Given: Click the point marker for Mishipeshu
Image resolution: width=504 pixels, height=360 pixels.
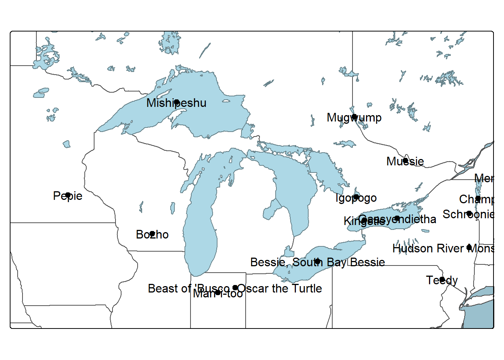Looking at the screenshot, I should [177, 102].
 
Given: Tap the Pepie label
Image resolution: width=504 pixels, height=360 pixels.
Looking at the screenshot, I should [67, 196].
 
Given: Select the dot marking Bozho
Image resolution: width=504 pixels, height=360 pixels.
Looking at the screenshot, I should [152, 234].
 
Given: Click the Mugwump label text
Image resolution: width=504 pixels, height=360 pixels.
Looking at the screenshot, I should [354, 118].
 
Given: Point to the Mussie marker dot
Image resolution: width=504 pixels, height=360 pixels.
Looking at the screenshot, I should [405, 160].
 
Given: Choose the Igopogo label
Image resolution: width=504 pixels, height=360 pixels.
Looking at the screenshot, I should [356, 198].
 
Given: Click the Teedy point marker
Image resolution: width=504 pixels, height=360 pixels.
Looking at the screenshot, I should [442, 279].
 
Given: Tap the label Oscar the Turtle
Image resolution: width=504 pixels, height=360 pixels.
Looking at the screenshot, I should [280, 288].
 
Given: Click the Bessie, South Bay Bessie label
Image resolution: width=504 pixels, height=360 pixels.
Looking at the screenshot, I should [317, 262].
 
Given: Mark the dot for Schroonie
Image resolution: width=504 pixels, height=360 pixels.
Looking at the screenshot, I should [469, 213].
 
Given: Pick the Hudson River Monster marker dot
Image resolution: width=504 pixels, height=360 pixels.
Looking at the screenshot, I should [469, 247].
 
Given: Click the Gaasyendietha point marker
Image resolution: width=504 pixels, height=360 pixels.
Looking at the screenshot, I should [397, 218].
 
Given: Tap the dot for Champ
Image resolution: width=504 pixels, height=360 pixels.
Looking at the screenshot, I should [478, 198].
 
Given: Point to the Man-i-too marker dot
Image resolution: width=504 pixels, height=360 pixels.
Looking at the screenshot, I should [218, 292].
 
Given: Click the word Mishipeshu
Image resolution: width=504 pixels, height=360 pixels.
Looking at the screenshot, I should [176, 103].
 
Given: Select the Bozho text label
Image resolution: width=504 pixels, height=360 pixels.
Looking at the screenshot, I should [152, 235].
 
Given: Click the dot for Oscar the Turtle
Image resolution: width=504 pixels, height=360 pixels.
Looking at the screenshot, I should [235, 288].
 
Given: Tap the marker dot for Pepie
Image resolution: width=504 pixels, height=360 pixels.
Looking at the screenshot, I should [68, 195].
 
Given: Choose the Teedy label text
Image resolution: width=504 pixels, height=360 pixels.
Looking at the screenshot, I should [442, 280].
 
